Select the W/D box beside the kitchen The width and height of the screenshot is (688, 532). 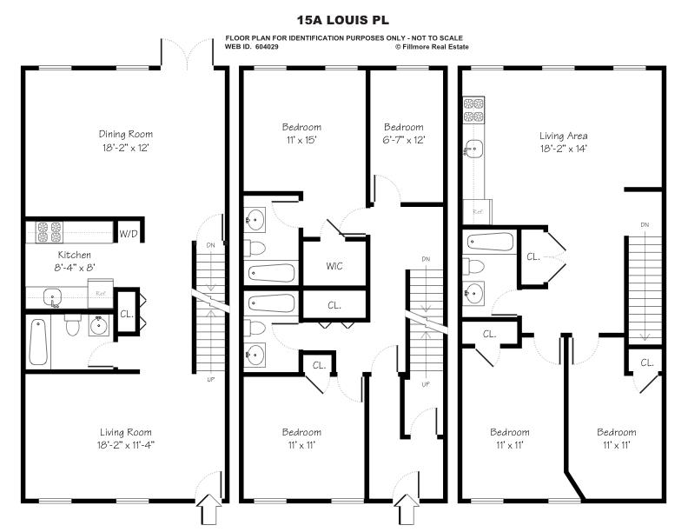click(129, 233)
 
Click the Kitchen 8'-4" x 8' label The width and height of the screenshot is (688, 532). click(75, 261)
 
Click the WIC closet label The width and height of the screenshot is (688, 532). click(334, 266)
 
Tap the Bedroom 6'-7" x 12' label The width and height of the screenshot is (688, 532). click(403, 133)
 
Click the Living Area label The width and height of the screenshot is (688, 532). click(564, 142)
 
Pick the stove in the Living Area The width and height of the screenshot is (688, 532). click(473, 111)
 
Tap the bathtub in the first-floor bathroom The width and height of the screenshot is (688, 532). click(38, 342)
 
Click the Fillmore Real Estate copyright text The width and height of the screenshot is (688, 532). click(432, 47)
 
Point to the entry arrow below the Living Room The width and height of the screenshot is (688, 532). click(208, 509)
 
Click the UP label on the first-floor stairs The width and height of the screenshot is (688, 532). click(208, 380)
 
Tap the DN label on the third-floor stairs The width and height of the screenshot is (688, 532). click(644, 225)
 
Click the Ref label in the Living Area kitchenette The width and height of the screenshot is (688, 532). click(478, 211)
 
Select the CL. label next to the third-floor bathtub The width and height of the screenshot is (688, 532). click(533, 256)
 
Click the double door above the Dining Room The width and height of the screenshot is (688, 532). click(187, 54)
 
